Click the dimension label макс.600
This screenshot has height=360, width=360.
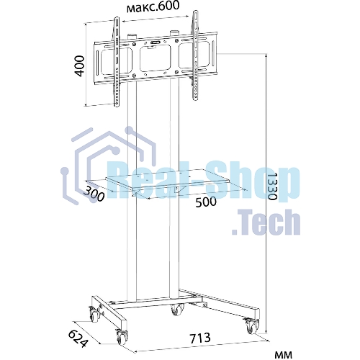pyautogui.click(x=153, y=6)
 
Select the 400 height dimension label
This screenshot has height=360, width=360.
pyautogui.click(x=79, y=66)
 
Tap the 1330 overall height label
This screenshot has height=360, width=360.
pyautogui.click(x=272, y=186)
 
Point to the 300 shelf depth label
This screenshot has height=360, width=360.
pyautogui.click(x=94, y=194)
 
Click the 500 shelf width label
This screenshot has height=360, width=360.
pyautogui.click(x=206, y=202)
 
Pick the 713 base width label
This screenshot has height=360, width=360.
pyautogui.click(x=200, y=338)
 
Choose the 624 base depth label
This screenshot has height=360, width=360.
pyautogui.click(x=78, y=338)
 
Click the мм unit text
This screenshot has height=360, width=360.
pyautogui.click(x=283, y=354)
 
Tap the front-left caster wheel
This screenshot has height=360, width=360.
pyautogui.click(x=122, y=337)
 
